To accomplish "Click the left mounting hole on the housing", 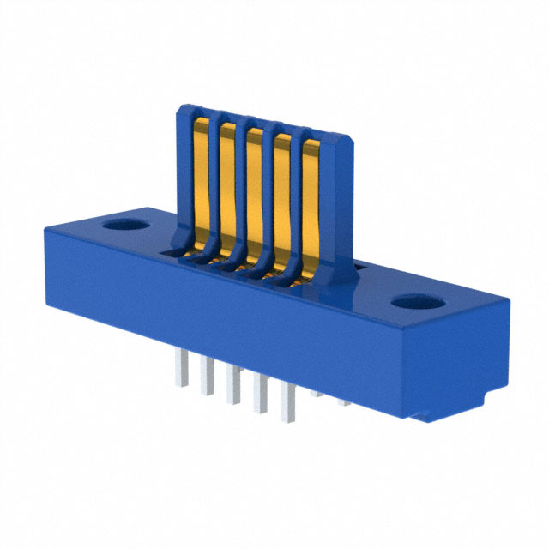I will tap(126, 227).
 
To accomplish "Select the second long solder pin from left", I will tap(207, 378).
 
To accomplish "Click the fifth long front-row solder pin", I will tap(290, 403).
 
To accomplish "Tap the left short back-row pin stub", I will tap(318, 393).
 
